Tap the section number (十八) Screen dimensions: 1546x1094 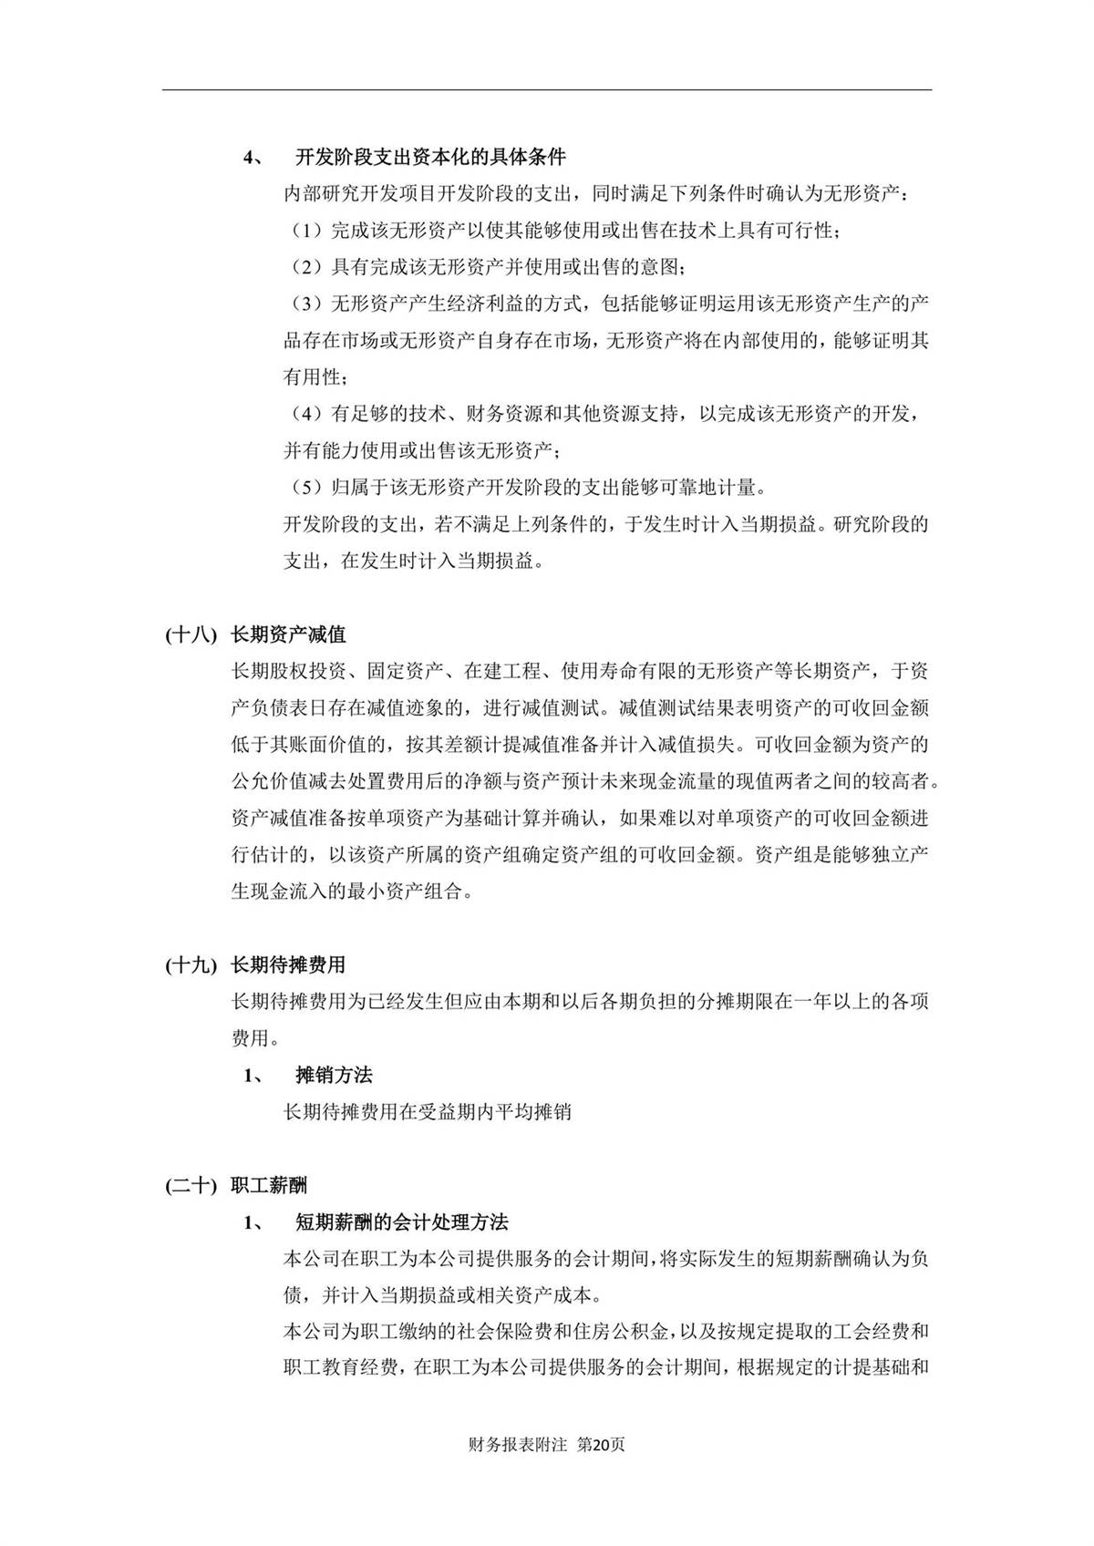pos(191,634)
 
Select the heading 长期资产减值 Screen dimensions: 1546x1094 pos(288,634)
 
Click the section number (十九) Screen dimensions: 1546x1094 pos(191,964)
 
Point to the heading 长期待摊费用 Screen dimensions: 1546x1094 pos(288,964)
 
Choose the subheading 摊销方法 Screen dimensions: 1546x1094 pos(334,1075)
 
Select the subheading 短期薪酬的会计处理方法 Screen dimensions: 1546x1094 pos(401,1221)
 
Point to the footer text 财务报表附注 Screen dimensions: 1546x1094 pos(517,1444)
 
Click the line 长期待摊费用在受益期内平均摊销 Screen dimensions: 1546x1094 pos(428,1111)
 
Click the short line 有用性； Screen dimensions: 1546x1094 pos(315,377)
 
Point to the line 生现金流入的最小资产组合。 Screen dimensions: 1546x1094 pos(352,892)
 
